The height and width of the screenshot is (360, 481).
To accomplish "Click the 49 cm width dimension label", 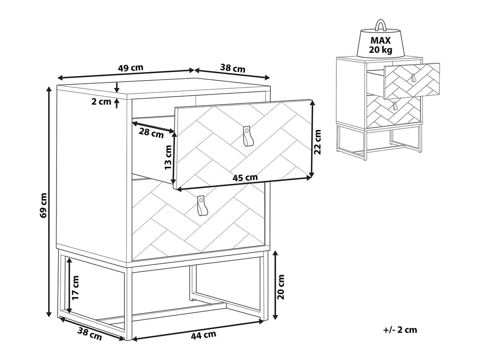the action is [x=130, y=68].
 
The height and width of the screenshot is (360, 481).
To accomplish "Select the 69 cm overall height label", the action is [x=44, y=205].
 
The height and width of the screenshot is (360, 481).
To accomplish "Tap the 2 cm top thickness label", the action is [x=101, y=102].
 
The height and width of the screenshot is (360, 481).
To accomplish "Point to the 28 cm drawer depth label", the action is [x=151, y=133].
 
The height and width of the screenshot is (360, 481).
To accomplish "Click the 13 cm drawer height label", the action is [x=168, y=157].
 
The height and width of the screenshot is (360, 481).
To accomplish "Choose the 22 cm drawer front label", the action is [x=317, y=142].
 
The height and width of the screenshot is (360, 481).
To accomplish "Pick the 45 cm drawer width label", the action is [x=245, y=177].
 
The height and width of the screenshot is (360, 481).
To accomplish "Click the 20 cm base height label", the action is [x=281, y=287].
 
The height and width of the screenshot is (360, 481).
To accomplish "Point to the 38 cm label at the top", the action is [x=232, y=68].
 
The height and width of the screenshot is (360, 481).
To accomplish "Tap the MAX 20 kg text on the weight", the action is [x=380, y=45].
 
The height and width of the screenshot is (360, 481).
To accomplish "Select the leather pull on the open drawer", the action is [x=247, y=136].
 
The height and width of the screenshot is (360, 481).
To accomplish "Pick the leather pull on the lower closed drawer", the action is [x=201, y=205].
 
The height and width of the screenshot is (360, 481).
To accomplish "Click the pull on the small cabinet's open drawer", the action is [x=413, y=78].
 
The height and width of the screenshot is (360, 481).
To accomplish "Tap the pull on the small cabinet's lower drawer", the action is [x=395, y=106].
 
